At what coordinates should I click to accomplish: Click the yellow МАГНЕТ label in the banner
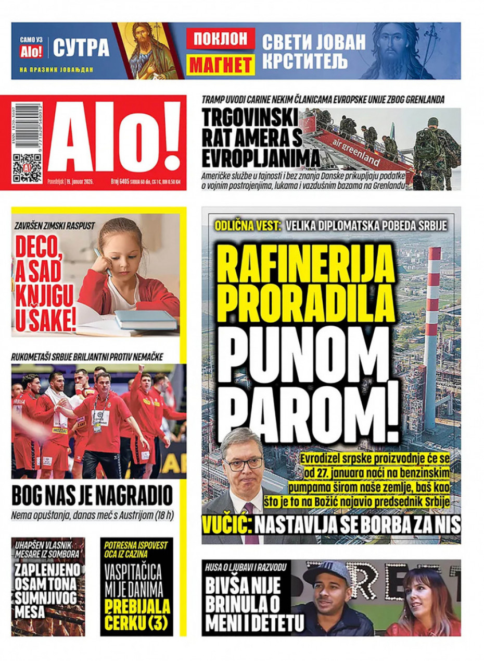221,65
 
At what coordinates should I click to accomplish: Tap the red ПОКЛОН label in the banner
221,39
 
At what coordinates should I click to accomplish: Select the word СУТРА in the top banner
81,48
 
